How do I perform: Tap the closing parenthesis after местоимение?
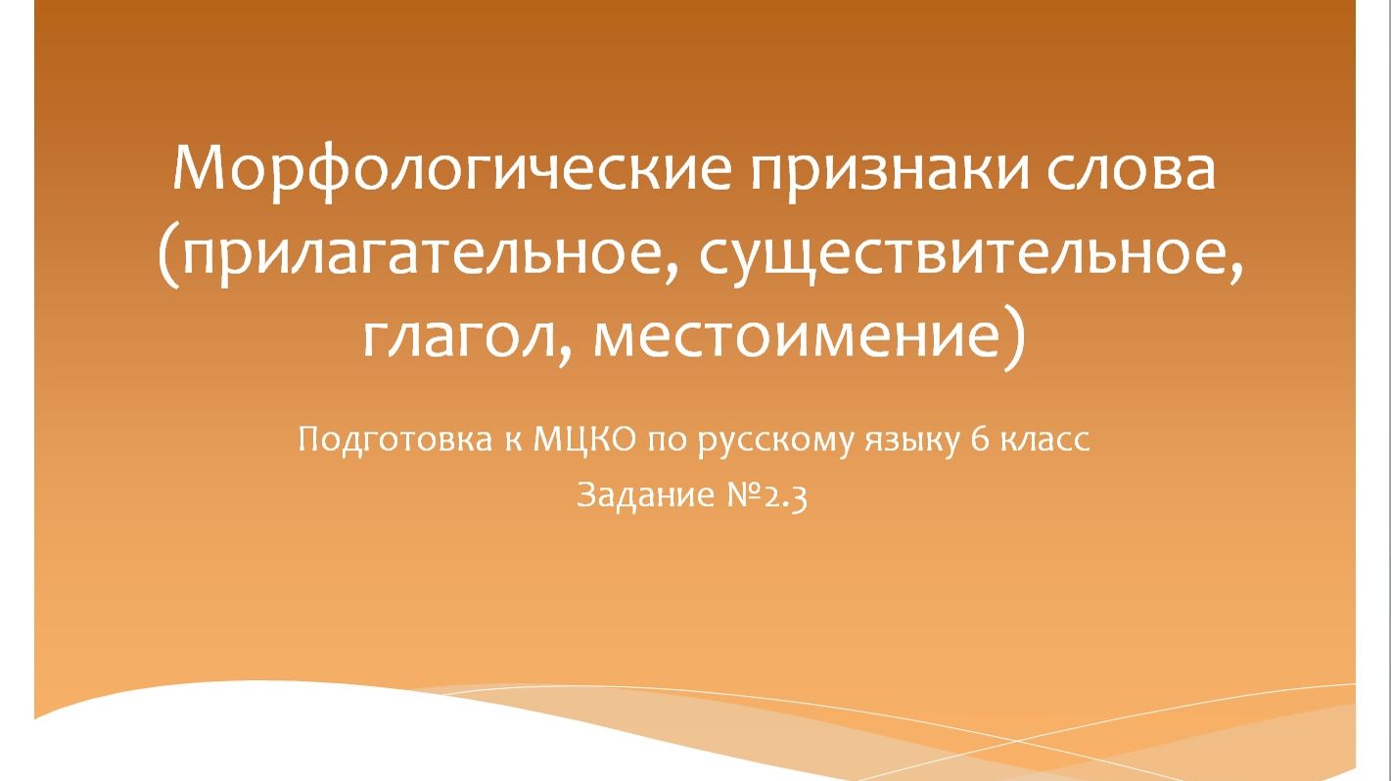pos(1017,338)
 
